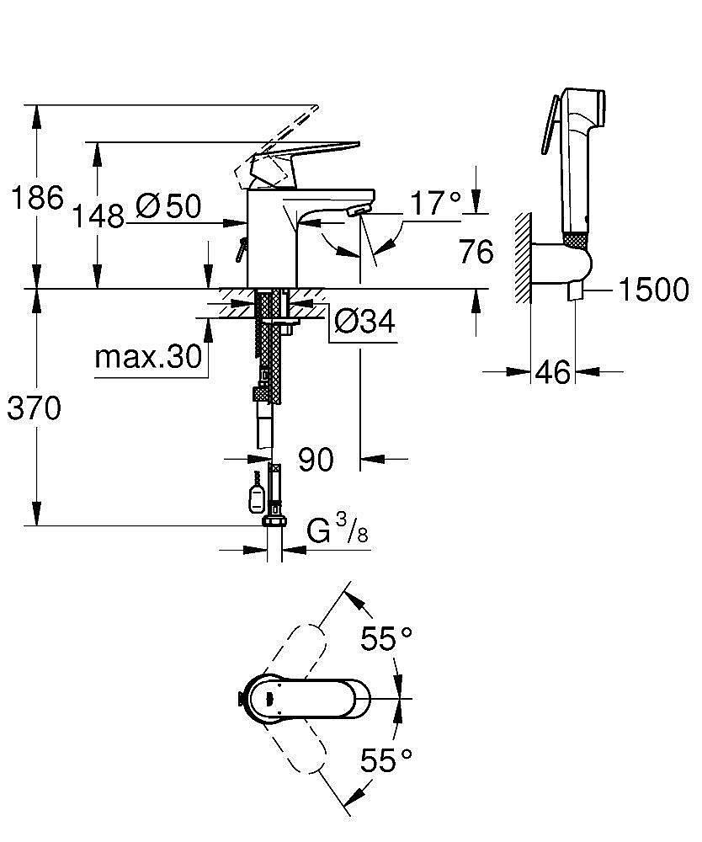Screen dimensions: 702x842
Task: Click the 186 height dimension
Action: pyautogui.click(x=37, y=198)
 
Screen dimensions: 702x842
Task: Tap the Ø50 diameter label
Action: pyautogui.click(x=168, y=205)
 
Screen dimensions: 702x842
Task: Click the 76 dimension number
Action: pyautogui.click(x=476, y=251)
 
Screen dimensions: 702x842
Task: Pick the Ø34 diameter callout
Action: pyautogui.click(x=364, y=321)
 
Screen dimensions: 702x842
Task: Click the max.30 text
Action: pyautogui.click(x=148, y=356)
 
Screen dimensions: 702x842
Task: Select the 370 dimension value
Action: pyautogui.click(x=35, y=408)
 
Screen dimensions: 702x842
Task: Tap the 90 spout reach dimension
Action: pyautogui.click(x=316, y=460)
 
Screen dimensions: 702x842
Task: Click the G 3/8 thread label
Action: pyautogui.click(x=338, y=530)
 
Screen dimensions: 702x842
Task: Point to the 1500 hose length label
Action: pyautogui.click(x=654, y=290)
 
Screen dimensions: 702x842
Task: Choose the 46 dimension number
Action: pyautogui.click(x=553, y=372)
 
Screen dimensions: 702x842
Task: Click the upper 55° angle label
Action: pyautogui.click(x=386, y=638)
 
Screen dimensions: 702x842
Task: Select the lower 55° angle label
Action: pyautogui.click(x=386, y=759)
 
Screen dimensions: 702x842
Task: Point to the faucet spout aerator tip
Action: pyautogui.click(x=359, y=210)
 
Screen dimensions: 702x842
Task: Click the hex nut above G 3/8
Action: pyautogui.click(x=274, y=521)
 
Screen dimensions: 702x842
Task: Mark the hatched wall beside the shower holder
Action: pyautogui.click(x=522, y=258)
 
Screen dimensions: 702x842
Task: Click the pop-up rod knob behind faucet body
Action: pyautogui.click(x=240, y=250)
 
